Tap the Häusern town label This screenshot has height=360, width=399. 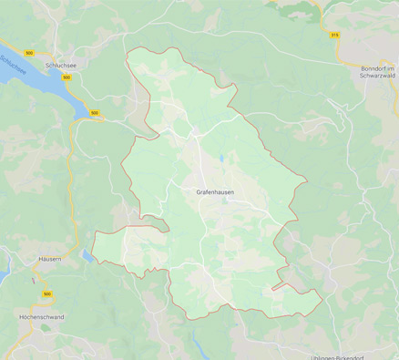(51, 259)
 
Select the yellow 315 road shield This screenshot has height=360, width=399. (334, 35)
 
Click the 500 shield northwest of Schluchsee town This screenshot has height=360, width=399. (30, 54)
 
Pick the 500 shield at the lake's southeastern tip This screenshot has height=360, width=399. (95, 114)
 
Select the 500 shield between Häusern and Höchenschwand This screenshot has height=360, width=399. (46, 294)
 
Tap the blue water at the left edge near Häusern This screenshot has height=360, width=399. (4, 265)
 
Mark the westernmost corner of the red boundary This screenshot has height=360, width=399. (92, 258)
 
